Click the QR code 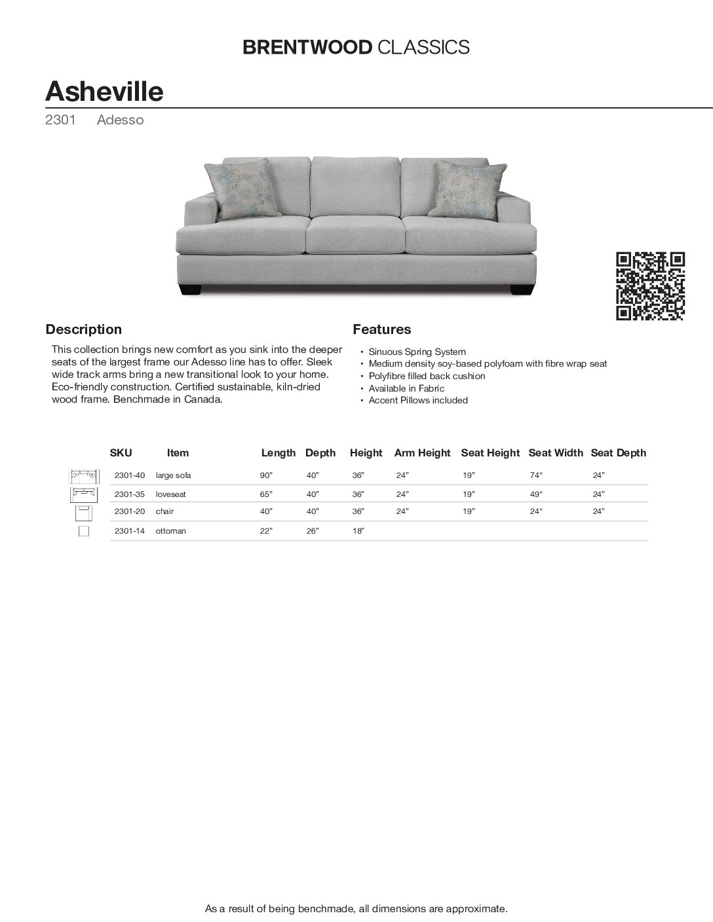[x=650, y=286]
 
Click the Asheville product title [x=104, y=91]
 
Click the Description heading [x=83, y=329]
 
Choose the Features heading [x=382, y=329]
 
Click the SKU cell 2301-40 [x=129, y=475]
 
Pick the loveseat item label [x=169, y=494]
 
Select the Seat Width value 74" [x=537, y=475]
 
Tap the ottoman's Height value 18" [x=358, y=531]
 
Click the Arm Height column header [x=422, y=452]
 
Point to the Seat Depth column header [x=618, y=452]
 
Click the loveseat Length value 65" [x=265, y=494]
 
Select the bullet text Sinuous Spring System [x=417, y=352]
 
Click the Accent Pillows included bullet [x=418, y=400]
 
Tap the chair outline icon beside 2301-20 [x=83, y=511]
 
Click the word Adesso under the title [x=120, y=120]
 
